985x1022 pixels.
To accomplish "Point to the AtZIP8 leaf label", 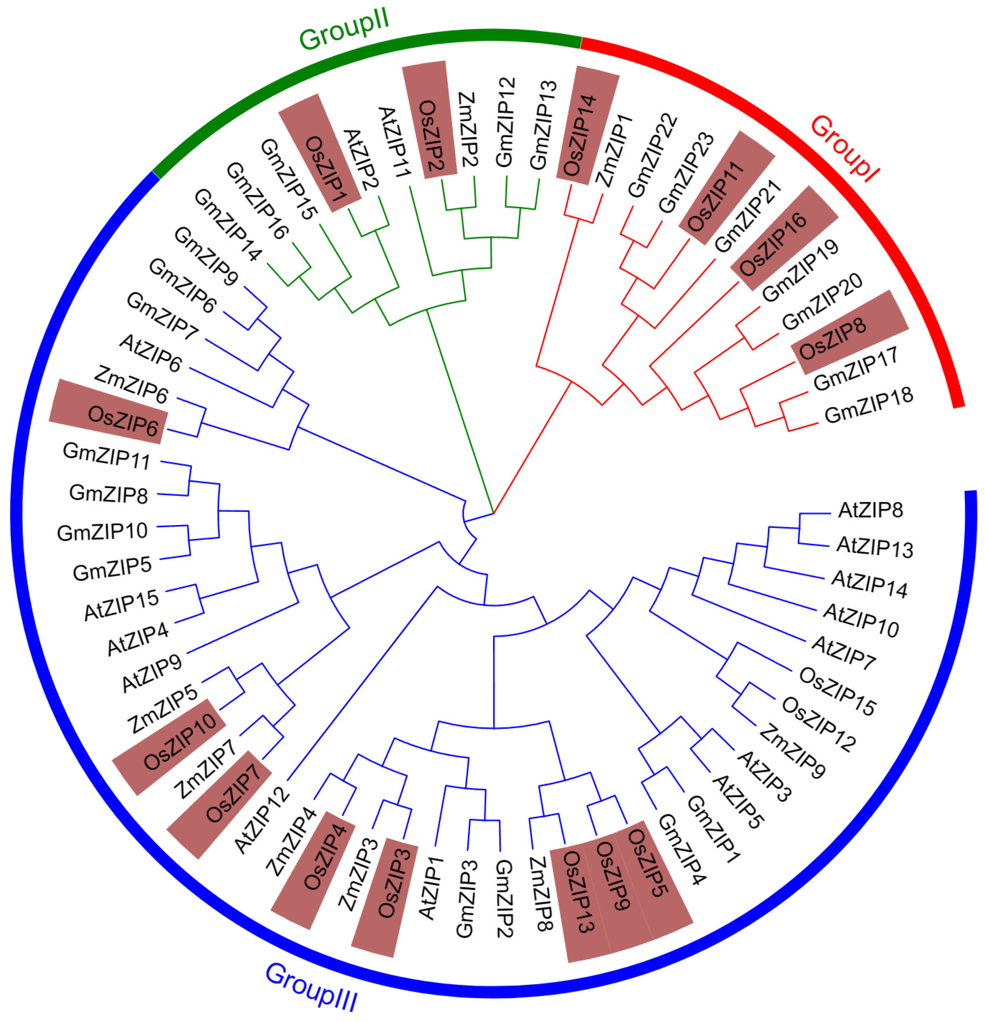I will [x=870, y=510].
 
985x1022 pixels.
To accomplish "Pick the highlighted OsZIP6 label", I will [x=123, y=421].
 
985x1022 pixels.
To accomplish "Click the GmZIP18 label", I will [x=868, y=405].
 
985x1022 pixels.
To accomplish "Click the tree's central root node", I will [x=493, y=513].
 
